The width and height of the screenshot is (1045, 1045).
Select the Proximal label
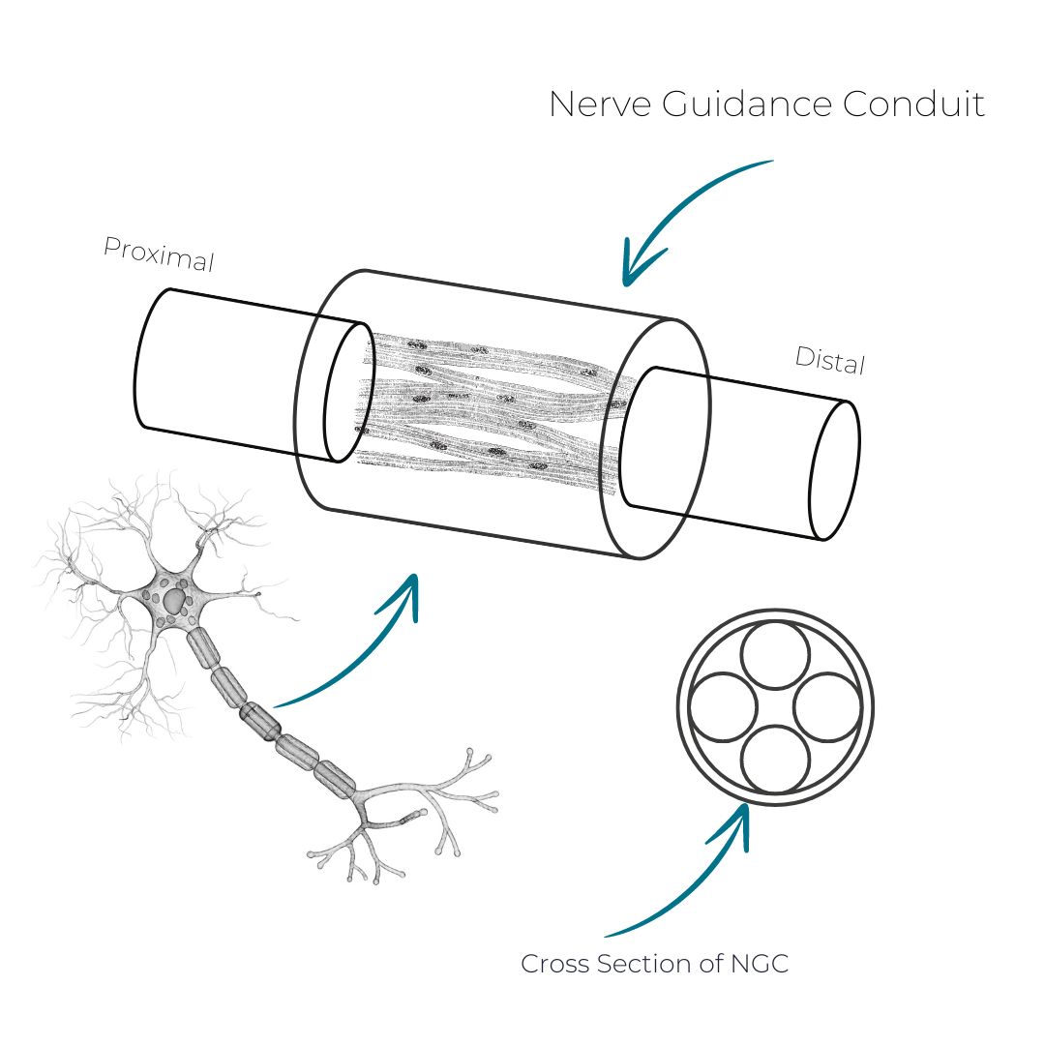tap(158, 255)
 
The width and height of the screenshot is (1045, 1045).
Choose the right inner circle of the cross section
tap(827, 707)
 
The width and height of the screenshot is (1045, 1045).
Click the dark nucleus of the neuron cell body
tap(174, 602)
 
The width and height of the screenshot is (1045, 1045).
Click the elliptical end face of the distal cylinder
tap(834, 470)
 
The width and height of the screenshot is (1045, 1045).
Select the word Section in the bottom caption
tap(642, 965)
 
